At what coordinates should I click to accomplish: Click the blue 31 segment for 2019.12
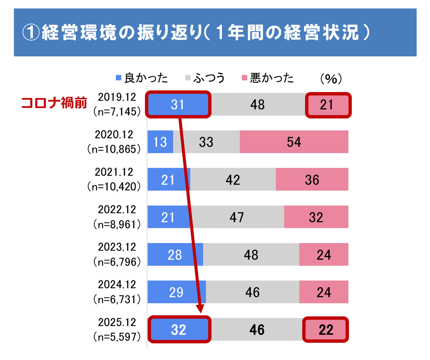(177, 105)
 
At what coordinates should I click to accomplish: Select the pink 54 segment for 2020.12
(293, 142)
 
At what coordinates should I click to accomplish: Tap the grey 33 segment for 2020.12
(206, 142)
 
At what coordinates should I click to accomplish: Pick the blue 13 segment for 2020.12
(160, 142)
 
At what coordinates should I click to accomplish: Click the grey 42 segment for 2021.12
(233, 179)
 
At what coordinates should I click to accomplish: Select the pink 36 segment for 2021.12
(312, 179)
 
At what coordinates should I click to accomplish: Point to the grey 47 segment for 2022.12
(236, 217)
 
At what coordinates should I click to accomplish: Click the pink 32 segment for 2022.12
(316, 217)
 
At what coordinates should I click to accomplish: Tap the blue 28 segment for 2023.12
(175, 254)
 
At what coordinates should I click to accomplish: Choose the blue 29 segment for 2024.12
(176, 292)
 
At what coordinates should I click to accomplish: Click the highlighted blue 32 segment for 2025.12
(179, 329)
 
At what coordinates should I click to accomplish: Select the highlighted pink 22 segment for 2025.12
(325, 329)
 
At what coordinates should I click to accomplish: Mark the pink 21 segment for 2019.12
(327, 105)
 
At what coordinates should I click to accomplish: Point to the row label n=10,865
(114, 149)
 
